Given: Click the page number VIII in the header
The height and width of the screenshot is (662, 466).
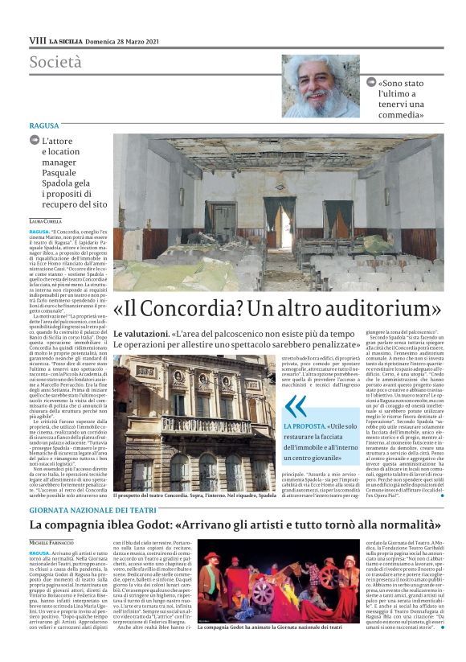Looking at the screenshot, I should click(x=37, y=39).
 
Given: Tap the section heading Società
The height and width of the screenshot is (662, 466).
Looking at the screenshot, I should click(x=55, y=61).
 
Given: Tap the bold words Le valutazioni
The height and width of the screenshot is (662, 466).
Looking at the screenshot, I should click(x=140, y=333).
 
